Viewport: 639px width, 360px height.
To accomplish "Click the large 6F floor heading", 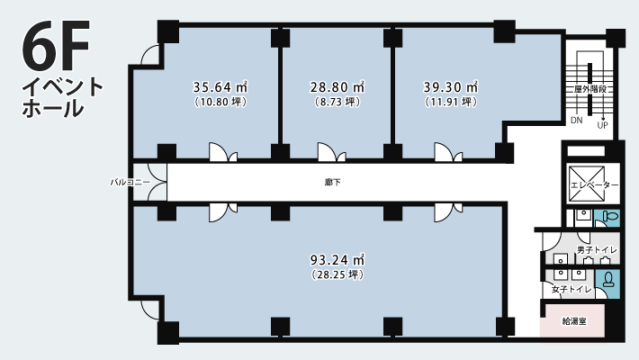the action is pos(56,44).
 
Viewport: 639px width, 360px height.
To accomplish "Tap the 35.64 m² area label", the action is pos(220,87).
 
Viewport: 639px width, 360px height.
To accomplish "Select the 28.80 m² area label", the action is pos(337,87).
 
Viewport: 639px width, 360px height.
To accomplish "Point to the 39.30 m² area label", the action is pos(451,87).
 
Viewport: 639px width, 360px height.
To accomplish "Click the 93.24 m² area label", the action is pos(337,260).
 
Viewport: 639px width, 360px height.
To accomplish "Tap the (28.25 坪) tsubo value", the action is pos(337,274).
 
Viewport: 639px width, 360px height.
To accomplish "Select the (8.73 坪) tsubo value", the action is pos(337,102).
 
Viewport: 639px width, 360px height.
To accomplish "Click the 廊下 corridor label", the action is pos(333,183).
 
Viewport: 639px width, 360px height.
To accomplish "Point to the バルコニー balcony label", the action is pos(130,182).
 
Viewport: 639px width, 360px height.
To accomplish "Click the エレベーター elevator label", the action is pos(594,185).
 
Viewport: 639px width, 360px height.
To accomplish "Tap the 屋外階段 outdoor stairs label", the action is pos(590,89).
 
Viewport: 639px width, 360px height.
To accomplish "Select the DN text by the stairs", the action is pos(577,121).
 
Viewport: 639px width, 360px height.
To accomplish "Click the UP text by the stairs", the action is pos(603,126).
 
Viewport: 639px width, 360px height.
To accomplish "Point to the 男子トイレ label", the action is pos(597,250).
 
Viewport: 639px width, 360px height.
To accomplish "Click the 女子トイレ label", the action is pos(571,290).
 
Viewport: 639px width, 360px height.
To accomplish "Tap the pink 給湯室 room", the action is pos(572,321).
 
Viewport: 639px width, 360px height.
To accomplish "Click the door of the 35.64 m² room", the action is pos(223,152).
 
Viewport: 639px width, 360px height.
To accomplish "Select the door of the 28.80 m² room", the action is pos(332,152).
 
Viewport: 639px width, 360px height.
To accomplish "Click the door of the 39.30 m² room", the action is pos(448,152).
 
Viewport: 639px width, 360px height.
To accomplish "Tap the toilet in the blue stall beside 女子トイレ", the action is pos(608,279).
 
